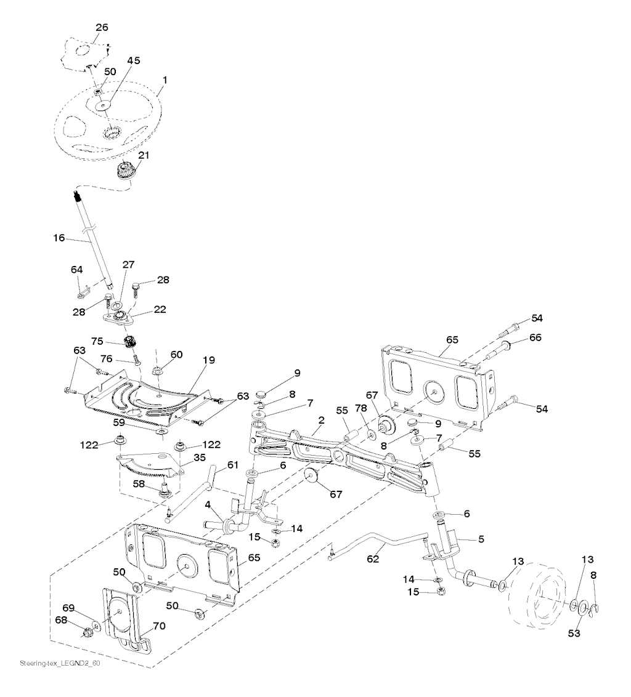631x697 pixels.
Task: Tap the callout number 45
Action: tap(134, 60)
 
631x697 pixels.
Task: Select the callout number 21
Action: tap(143, 155)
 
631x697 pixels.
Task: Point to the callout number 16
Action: tap(59, 236)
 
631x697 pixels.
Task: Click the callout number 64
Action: tap(76, 269)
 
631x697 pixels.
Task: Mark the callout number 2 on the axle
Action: tap(321, 421)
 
